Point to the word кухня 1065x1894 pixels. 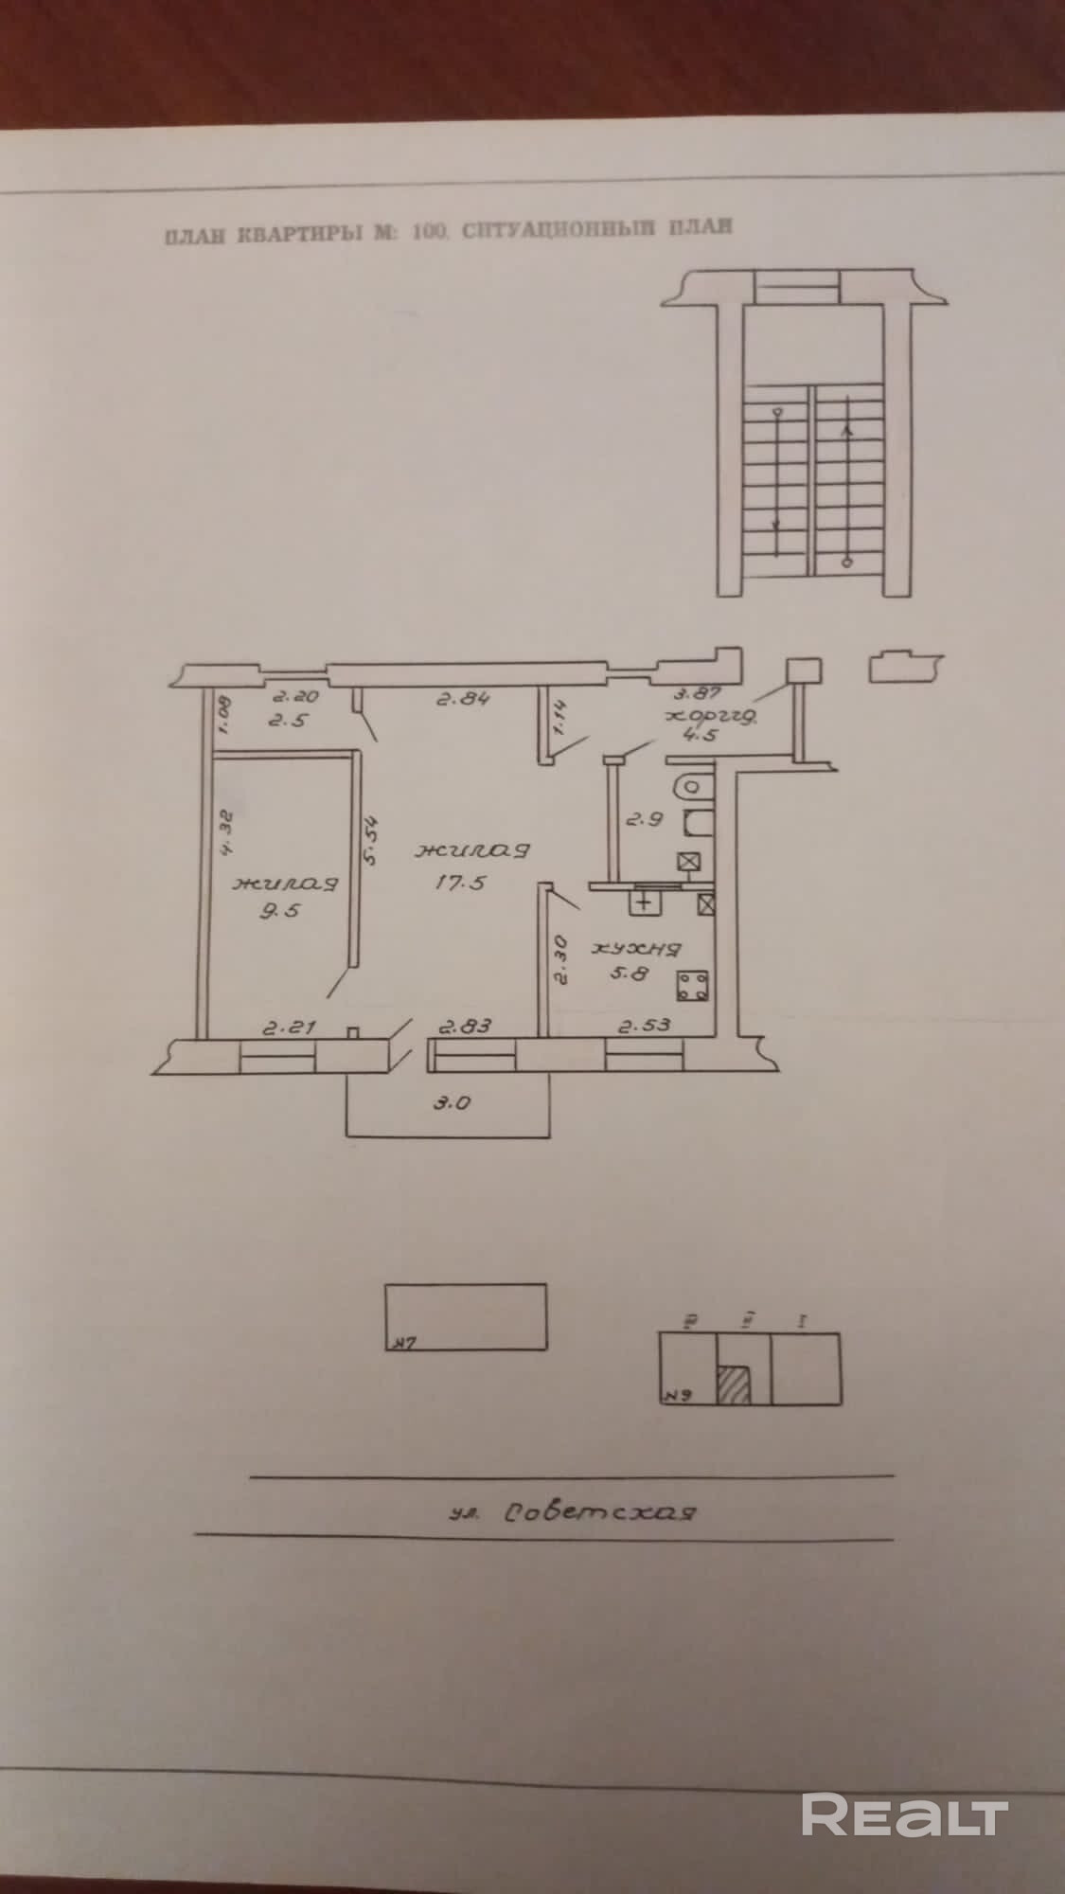(637, 948)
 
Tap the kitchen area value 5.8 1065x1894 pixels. (630, 973)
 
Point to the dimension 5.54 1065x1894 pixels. (370, 839)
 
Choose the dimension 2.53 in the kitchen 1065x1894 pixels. (646, 1025)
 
